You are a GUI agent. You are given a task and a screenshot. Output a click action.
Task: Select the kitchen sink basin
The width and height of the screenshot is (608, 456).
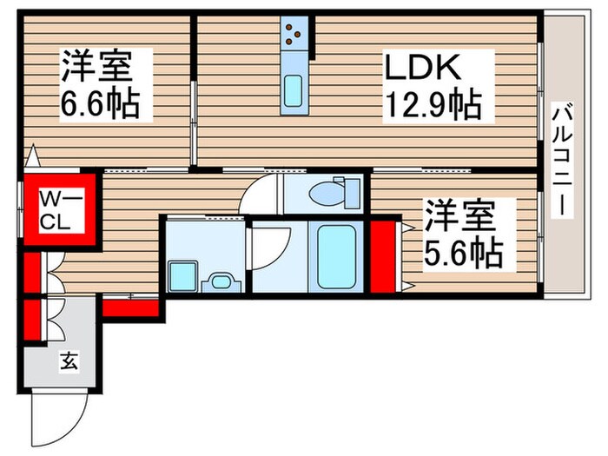(x=294, y=90)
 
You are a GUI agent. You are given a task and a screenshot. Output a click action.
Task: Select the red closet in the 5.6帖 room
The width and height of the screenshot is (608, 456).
(x=381, y=258)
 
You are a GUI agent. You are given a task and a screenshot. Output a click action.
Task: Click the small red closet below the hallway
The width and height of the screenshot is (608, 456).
(x=130, y=306)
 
